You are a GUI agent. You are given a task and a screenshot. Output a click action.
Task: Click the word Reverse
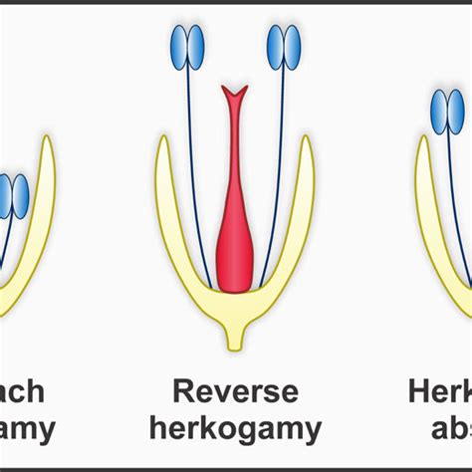click(235, 390)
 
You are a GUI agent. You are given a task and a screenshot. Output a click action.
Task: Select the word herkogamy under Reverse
click(235, 429)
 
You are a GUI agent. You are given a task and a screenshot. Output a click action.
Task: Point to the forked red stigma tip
click(235, 98)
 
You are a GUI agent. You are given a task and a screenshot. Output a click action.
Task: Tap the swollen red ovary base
click(235, 254)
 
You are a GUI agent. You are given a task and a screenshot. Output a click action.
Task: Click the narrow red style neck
click(235, 149)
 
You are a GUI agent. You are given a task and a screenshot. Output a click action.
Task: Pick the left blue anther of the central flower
click(186, 48)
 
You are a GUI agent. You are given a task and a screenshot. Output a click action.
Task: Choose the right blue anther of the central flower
click(284, 48)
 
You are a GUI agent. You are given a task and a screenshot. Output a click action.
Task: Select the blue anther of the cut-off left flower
click(12, 196)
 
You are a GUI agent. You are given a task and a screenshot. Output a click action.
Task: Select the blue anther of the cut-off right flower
click(447, 112)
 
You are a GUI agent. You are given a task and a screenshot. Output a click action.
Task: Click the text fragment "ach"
click(22, 390)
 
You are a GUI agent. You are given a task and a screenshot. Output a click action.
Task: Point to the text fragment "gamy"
click(26, 429)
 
